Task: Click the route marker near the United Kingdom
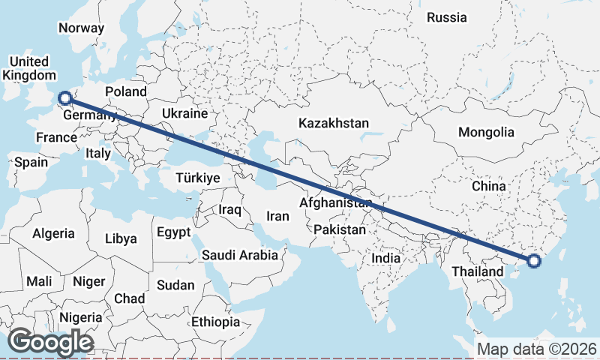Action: coord(64,97)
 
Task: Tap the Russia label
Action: coord(446,17)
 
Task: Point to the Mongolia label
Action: coord(486,132)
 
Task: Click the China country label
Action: coord(489,185)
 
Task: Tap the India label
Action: coord(386,258)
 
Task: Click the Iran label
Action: coord(277,216)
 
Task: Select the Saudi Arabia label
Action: coord(240,256)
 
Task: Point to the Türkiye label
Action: coord(197,178)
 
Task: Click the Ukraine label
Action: coord(184,114)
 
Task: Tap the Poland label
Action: coord(125,91)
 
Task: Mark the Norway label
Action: coord(81,28)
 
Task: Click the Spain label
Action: coord(31,162)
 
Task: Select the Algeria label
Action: coord(53,233)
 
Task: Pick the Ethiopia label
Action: coord(215,322)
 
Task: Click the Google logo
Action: coord(50,342)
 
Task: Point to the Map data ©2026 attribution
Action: coord(537,349)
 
